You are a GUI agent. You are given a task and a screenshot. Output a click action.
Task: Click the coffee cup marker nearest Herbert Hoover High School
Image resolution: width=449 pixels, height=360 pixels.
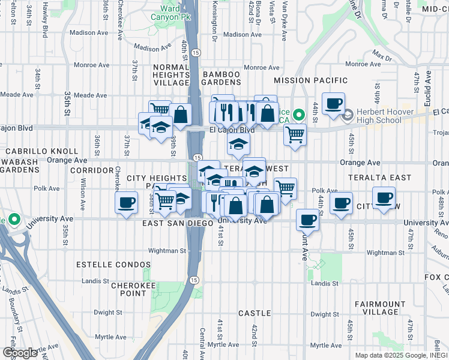coord(333,103)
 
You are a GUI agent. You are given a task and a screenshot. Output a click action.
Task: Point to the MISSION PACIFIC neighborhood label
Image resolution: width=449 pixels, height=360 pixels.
coord(310,80)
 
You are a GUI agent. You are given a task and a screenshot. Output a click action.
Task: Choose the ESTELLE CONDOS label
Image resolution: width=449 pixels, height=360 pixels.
coord(113,265)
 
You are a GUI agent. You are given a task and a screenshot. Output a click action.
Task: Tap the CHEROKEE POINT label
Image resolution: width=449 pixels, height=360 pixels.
coord(124,289)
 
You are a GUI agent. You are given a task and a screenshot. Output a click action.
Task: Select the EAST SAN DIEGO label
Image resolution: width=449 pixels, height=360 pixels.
coord(178,223)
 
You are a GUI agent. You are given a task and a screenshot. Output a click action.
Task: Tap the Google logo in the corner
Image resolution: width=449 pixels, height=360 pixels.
coord(19,353)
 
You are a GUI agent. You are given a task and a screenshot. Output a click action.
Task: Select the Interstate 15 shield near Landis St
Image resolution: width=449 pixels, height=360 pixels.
coord(193,280)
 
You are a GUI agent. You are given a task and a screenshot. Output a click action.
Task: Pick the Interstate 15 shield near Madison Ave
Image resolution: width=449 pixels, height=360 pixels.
coord(197,53)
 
